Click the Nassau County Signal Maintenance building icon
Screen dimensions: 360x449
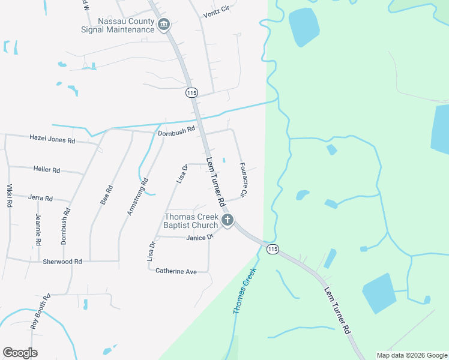[x=164, y=25]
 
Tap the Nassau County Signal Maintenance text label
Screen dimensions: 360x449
[x=119, y=25]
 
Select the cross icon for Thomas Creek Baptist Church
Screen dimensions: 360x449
[x=227, y=220]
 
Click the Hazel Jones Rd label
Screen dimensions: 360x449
[x=52, y=139]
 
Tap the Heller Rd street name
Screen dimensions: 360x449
[x=47, y=170]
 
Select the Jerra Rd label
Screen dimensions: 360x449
[x=41, y=198]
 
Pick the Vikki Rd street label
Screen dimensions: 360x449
[x=10, y=195]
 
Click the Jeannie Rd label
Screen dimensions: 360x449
[x=38, y=229]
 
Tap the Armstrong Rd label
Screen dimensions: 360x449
[x=137, y=196]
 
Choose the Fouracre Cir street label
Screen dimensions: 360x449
[x=243, y=180]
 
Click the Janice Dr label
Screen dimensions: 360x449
[x=200, y=238]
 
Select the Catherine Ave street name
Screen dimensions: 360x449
[x=176, y=271]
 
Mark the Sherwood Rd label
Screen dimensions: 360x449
[x=62, y=262]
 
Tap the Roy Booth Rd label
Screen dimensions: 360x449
[x=41, y=311]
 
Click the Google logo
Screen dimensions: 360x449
[x=20, y=353]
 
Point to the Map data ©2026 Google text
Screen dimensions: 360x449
[x=412, y=355]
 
